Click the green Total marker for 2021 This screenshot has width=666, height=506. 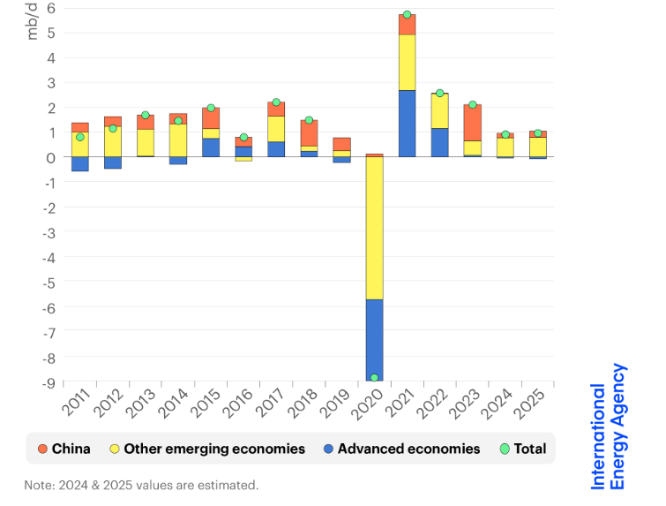pos(407,15)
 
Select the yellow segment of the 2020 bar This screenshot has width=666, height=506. pos(374,228)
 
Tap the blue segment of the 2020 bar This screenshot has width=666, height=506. pos(374,339)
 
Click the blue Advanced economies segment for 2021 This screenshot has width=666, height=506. pos(407,124)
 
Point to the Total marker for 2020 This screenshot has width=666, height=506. pos(374,378)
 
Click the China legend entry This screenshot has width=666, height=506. pos(62,449)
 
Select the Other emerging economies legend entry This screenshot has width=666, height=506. pos(205,449)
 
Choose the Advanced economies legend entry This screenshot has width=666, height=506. pos(400,449)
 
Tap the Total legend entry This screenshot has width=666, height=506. pos(522,449)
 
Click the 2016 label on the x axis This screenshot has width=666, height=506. pos(237,404)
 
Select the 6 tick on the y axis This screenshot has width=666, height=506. pos(51,8)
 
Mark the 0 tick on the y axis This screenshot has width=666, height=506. pos(51,157)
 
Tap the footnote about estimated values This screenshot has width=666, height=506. pos(141,485)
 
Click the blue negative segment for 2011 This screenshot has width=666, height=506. pos(80,164)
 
